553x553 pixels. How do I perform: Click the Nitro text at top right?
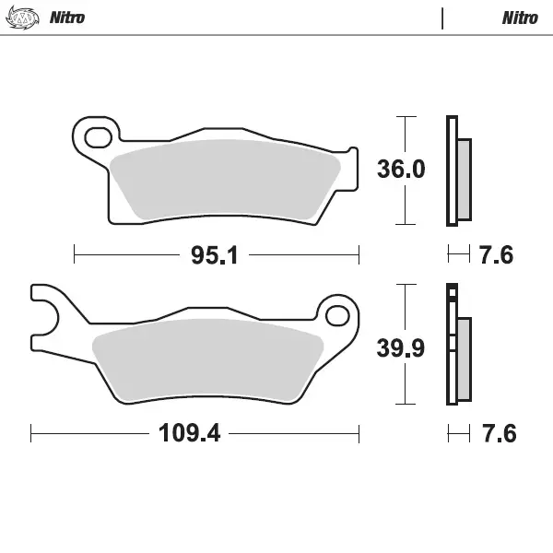coord(520,18)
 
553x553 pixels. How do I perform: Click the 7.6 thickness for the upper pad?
coord(496,255)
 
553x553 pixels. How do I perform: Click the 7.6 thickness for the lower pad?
coord(496,433)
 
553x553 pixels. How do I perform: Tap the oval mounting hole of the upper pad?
coord(95,138)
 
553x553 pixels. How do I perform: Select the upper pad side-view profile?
coord(456,171)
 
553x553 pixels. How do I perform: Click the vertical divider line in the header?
coord(443,18)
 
